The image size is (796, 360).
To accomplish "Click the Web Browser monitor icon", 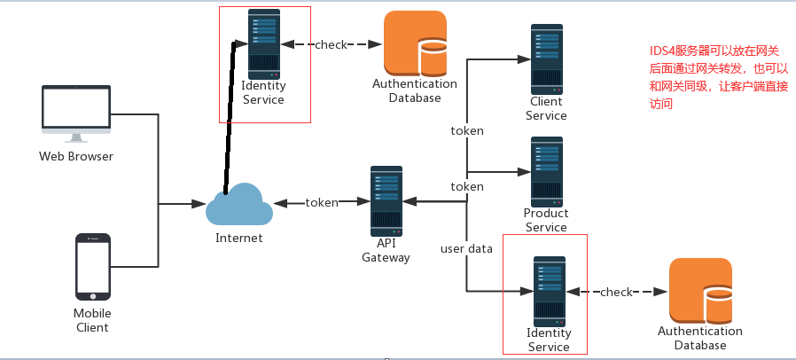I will [x=75, y=113].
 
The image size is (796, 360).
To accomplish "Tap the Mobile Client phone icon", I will [x=92, y=267].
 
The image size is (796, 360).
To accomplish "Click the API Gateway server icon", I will [x=387, y=201].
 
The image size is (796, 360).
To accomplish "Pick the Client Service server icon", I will [x=546, y=59].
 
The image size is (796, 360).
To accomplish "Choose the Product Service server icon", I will [x=546, y=170].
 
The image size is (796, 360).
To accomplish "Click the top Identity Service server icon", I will [x=264, y=42].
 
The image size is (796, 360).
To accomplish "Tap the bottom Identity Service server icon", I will [x=548, y=291].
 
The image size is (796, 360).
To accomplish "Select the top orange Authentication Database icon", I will [x=414, y=43].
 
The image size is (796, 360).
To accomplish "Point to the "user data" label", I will [x=466, y=248].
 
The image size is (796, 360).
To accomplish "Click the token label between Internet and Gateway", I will [x=322, y=202].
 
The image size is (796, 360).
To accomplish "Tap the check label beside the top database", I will [x=332, y=44].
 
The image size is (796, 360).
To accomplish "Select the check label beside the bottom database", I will [x=617, y=292].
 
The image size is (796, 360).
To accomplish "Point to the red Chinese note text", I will [x=718, y=78].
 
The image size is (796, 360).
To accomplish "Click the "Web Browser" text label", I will [x=76, y=157].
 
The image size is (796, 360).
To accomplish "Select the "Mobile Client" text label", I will [x=91, y=320].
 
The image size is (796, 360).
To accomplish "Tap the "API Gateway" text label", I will [x=386, y=250].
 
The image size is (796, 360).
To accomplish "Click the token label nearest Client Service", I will [x=467, y=130].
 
